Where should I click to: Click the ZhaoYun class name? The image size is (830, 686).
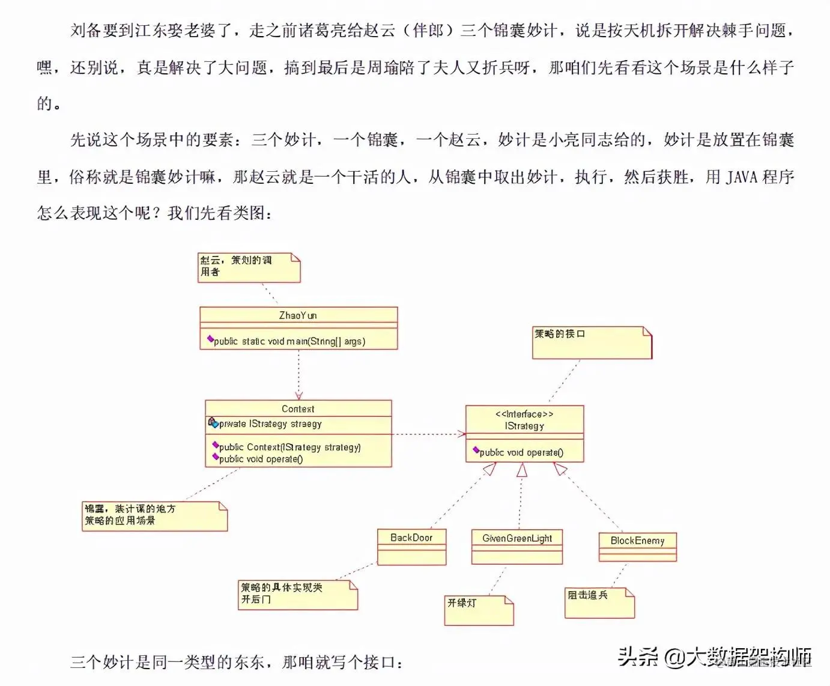pyautogui.click(x=298, y=315)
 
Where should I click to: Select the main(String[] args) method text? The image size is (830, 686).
pyautogui.click(x=289, y=341)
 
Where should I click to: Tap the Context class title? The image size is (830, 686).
pyautogui.click(x=298, y=408)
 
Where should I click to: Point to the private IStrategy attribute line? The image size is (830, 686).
pyautogui.click(x=270, y=423)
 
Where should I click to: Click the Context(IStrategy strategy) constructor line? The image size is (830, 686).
pyautogui.click(x=289, y=447)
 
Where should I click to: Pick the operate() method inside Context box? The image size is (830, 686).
pyautogui.click(x=261, y=459)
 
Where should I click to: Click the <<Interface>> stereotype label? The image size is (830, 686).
pyautogui.click(x=524, y=414)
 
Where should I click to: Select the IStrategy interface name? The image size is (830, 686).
pyautogui.click(x=524, y=426)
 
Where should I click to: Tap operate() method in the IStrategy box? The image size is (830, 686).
pyautogui.click(x=521, y=452)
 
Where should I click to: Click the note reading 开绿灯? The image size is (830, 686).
pyautogui.click(x=479, y=610)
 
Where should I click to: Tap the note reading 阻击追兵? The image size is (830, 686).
pyautogui.click(x=599, y=603)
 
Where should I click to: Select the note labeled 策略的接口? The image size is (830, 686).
pyautogui.click(x=592, y=342)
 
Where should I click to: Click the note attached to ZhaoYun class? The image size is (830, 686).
pyautogui.click(x=249, y=267)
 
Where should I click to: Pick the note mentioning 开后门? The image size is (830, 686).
pyautogui.click(x=297, y=595)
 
